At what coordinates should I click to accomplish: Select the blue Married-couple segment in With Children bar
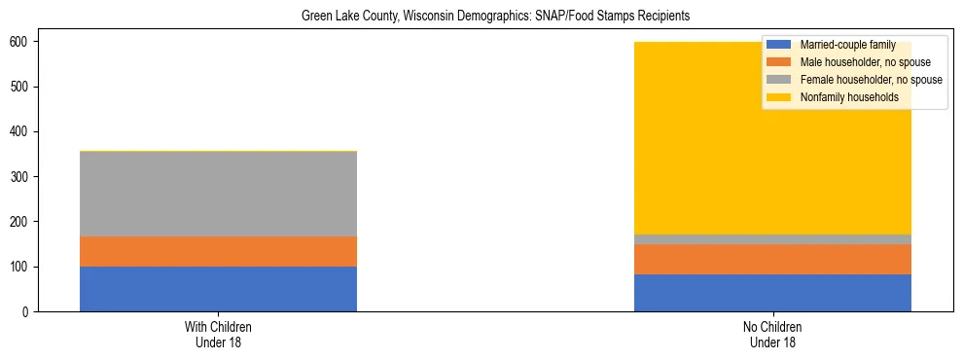tap(218, 289)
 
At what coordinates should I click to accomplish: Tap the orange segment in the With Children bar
tap(218, 251)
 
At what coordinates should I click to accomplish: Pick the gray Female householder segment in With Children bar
tap(218, 194)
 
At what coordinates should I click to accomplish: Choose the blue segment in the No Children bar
tap(772, 293)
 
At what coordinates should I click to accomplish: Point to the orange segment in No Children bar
tap(772, 259)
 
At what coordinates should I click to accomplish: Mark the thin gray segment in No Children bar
tap(772, 239)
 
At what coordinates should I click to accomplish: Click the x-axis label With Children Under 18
tap(218, 334)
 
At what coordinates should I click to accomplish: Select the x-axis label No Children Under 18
tap(772, 334)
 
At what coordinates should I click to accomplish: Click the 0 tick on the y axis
tap(29, 311)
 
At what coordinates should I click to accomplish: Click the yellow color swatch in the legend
tap(779, 97)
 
